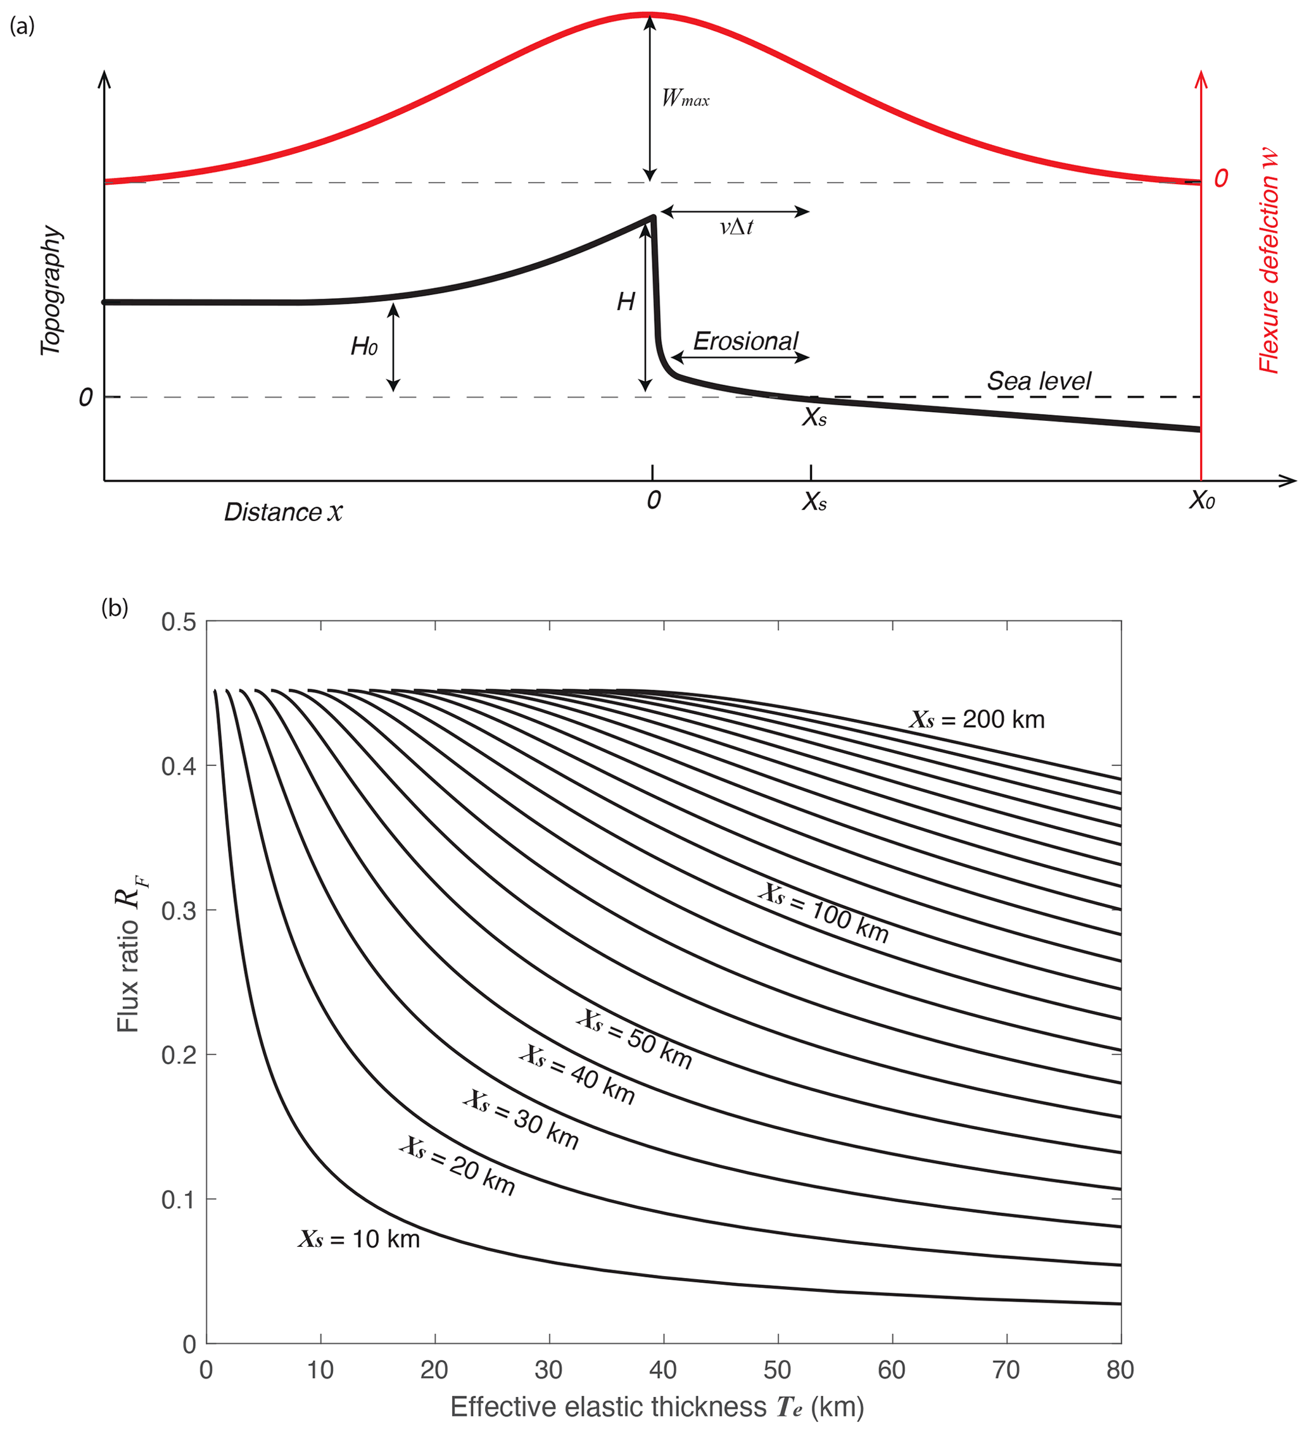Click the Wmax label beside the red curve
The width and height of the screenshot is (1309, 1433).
pos(685,98)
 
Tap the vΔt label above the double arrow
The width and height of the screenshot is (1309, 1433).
pos(736,227)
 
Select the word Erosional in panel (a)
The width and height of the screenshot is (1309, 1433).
pos(746,342)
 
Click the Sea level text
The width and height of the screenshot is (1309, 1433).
pos(1039,382)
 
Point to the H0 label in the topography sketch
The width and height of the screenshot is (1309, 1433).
pos(364,347)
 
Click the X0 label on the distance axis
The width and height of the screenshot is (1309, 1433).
pos(1201,502)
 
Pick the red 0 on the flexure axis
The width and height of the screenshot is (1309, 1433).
pos(1221,178)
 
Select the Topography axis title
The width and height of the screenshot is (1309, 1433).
pos(51,291)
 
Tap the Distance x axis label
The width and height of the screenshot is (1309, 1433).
pos(283,513)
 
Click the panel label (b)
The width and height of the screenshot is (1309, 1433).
pos(115,608)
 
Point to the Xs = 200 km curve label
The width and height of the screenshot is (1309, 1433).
pos(977,720)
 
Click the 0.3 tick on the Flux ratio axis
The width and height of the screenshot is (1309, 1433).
pos(178,911)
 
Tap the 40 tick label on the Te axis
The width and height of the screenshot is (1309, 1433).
pos(664,1370)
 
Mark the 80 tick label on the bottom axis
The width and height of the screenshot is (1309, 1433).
pos(1120,1370)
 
